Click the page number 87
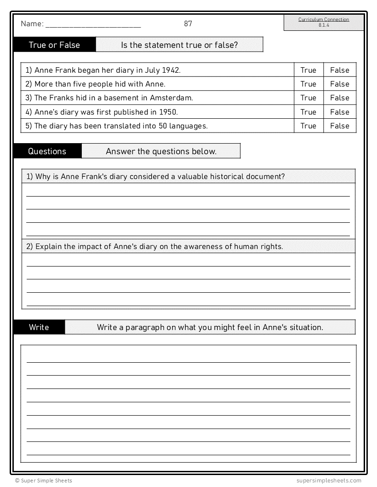(x=188, y=24)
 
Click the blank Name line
(x=93, y=26)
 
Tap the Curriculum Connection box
(x=324, y=22)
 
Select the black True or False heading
(x=54, y=45)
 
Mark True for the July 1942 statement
(x=308, y=70)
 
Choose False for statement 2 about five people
(x=340, y=84)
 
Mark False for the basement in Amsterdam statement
(x=340, y=98)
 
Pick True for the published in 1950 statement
(x=308, y=112)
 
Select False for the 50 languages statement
(x=340, y=126)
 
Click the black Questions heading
(x=47, y=151)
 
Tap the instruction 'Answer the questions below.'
(x=161, y=151)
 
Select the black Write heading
(x=39, y=327)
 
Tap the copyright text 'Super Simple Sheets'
(x=46, y=481)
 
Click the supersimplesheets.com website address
(x=329, y=481)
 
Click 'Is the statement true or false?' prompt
(x=179, y=45)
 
